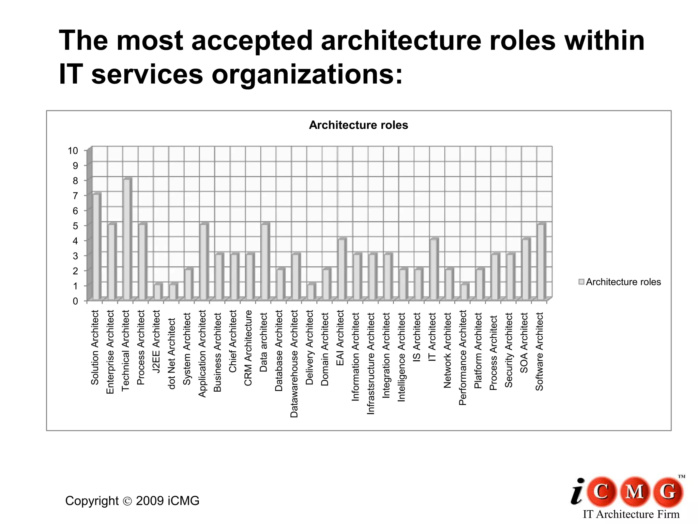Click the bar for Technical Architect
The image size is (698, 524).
click(127, 239)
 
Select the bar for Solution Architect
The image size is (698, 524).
click(96, 247)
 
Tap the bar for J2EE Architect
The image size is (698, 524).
click(157, 292)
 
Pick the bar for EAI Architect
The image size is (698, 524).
click(342, 270)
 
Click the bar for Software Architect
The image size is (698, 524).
click(541, 262)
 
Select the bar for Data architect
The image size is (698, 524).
click(265, 262)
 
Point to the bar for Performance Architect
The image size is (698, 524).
click(464, 292)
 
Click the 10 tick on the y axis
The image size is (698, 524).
click(73, 151)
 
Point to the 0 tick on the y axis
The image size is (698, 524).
click(75, 301)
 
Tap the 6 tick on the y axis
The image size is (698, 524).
click(75, 211)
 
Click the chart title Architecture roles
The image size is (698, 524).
click(358, 125)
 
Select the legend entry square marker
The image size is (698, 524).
click(581, 282)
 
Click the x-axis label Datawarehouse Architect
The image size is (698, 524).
click(294, 364)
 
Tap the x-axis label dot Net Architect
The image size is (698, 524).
click(171, 353)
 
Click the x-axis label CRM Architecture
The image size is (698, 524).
click(248, 348)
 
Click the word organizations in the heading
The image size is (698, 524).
click(307, 75)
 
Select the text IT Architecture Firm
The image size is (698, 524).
click(631, 514)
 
